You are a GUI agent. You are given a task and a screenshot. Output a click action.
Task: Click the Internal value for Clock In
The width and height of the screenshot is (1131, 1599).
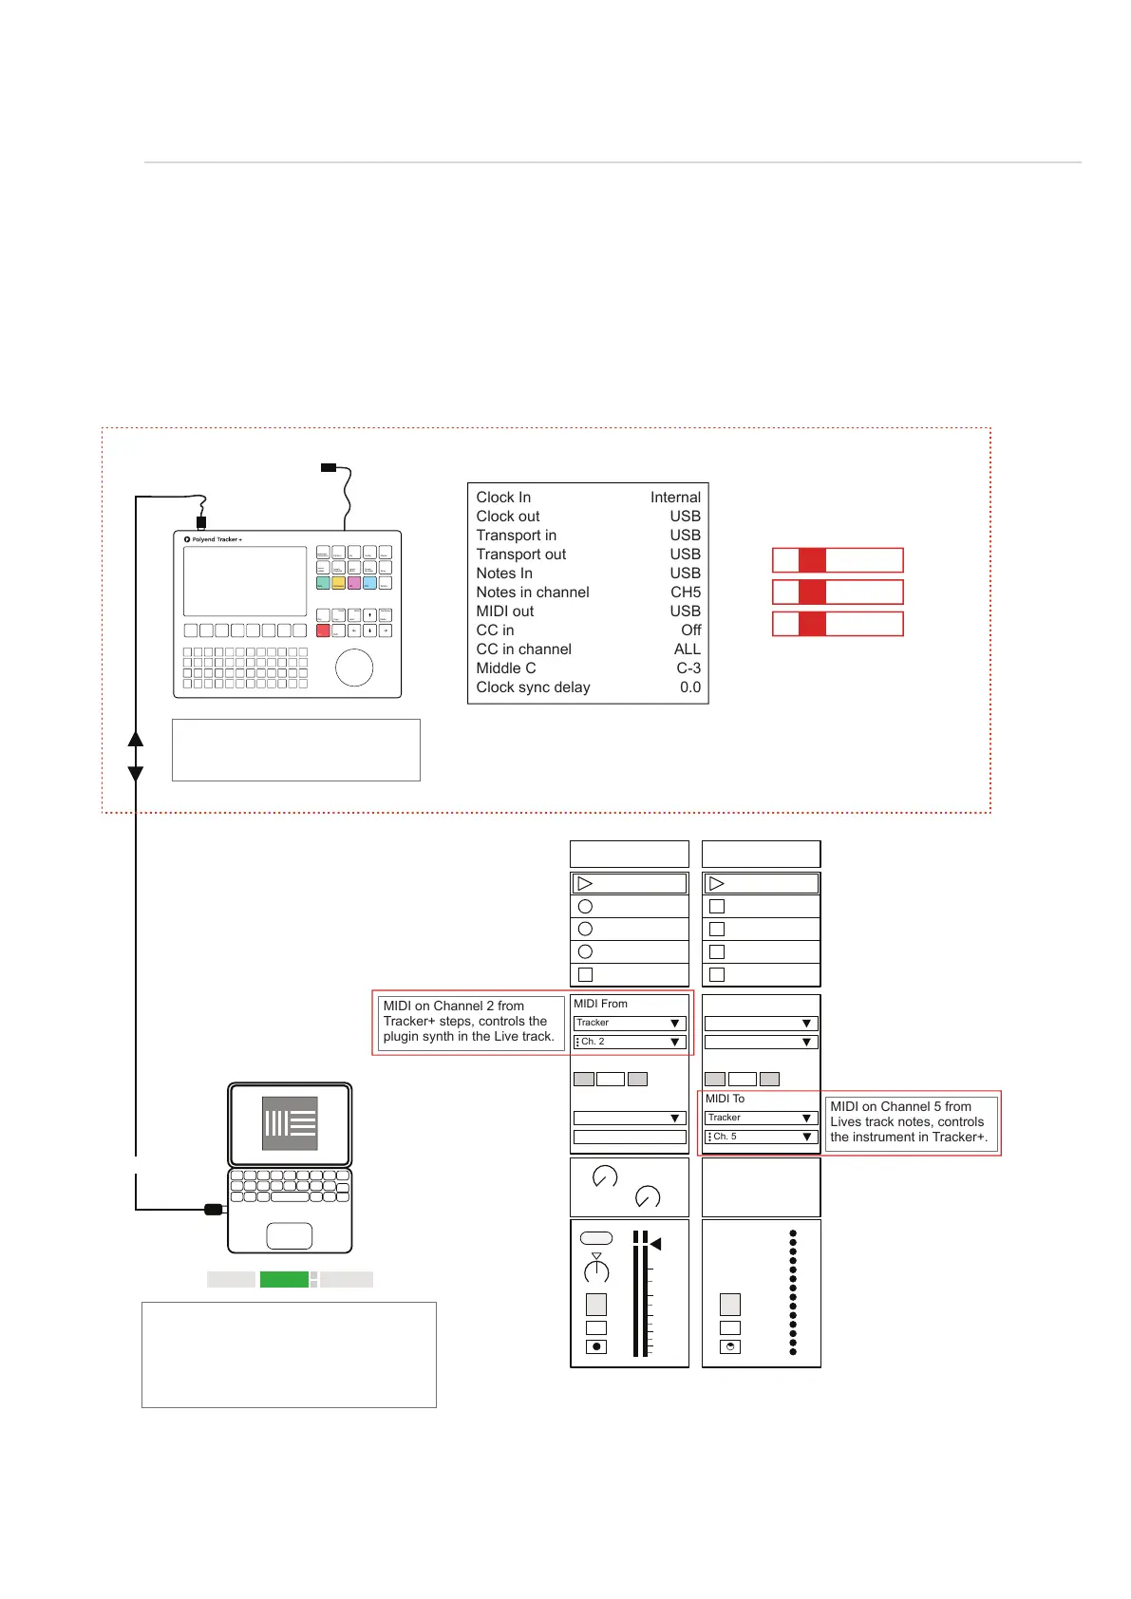tap(675, 498)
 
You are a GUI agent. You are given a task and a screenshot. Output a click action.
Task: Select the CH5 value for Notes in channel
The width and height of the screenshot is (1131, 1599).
tap(686, 593)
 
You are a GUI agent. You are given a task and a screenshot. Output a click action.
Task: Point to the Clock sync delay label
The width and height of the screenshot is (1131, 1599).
tap(533, 687)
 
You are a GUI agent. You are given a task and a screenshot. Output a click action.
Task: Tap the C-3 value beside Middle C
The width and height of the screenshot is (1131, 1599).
tap(688, 668)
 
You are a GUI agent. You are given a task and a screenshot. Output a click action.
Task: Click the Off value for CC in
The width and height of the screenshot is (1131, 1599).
tap(690, 630)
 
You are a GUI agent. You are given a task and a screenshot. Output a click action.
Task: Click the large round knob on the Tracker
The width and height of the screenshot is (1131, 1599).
tap(354, 668)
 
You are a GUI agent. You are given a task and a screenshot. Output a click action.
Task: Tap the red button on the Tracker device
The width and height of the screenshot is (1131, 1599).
tap(323, 630)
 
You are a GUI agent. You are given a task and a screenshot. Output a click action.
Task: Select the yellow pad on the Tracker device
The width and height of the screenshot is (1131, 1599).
tap(338, 583)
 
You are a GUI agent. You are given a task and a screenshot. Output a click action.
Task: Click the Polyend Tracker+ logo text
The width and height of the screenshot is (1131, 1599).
tap(217, 539)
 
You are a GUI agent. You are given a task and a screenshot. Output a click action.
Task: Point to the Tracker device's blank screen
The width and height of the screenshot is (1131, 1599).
tap(245, 581)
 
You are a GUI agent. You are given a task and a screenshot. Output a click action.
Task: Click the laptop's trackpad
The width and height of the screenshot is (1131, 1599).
tap(290, 1235)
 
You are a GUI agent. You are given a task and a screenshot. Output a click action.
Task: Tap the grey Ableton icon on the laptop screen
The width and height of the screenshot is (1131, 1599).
tap(290, 1123)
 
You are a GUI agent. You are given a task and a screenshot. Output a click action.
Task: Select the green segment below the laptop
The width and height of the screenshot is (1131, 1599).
tap(284, 1280)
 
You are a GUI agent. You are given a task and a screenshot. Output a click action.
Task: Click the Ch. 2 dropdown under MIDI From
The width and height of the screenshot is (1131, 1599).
tap(629, 1042)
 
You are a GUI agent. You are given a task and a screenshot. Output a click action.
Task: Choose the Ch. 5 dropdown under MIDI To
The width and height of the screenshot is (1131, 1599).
tap(761, 1137)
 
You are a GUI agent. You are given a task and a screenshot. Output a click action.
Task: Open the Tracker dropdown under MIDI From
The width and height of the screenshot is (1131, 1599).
tap(629, 1023)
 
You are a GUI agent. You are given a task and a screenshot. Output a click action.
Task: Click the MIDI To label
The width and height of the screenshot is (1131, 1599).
tap(725, 1099)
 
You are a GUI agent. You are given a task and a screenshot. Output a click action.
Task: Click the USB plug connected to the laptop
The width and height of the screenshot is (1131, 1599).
tap(214, 1209)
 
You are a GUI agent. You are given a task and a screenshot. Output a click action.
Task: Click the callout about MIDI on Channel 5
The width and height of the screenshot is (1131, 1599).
tap(909, 1122)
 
